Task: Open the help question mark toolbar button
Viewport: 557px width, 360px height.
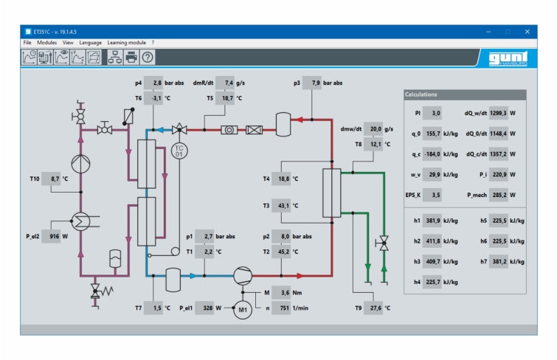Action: [x=148, y=58]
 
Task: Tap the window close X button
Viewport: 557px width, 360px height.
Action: [x=527, y=32]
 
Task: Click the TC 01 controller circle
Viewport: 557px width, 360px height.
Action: [x=178, y=150]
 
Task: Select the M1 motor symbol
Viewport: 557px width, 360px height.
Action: [x=242, y=309]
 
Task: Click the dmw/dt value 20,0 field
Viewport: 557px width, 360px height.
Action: [x=374, y=129]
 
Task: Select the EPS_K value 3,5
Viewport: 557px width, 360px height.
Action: [x=432, y=195]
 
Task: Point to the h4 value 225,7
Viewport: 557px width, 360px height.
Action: [x=432, y=281]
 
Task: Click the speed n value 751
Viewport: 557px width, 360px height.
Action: [x=282, y=308]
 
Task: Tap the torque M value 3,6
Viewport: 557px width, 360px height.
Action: [x=282, y=294]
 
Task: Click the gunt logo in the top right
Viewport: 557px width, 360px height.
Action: [x=506, y=58]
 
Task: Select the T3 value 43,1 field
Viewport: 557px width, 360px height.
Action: [x=282, y=205]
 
